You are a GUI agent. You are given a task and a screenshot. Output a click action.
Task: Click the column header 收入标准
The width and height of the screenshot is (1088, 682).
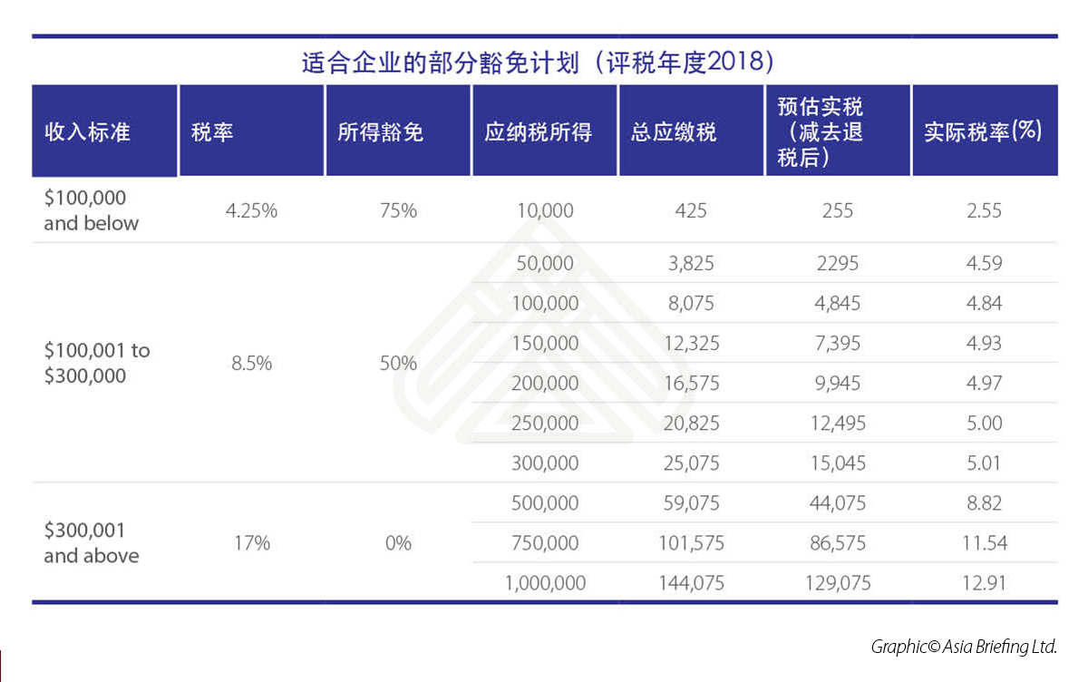coord(88,132)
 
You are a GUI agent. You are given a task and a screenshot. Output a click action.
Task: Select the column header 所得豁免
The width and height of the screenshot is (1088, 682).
coord(380,132)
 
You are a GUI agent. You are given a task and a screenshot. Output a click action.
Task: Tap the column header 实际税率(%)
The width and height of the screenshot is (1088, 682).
coord(983,132)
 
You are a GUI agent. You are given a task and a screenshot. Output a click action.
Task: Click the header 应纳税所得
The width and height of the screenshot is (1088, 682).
coord(539,132)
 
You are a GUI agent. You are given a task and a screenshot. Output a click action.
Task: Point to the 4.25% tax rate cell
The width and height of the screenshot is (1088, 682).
coord(251,211)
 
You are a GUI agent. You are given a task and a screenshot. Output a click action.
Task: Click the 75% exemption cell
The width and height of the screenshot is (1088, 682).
coord(398,211)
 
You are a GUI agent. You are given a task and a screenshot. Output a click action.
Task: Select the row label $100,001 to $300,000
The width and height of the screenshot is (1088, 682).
coord(97,363)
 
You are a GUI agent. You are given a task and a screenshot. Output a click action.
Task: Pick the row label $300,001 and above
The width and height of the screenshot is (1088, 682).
coord(92,542)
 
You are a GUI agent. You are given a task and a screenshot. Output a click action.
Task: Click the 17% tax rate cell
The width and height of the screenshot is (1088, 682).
coord(251,543)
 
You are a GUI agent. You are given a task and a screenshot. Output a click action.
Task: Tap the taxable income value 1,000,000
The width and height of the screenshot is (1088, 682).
coord(545,583)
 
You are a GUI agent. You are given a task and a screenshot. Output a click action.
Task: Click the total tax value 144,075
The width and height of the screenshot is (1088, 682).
coord(690,583)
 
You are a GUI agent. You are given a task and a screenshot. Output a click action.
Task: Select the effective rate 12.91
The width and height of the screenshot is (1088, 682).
coord(984,583)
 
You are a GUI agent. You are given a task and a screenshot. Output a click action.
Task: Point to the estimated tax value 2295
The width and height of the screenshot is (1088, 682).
coord(837,264)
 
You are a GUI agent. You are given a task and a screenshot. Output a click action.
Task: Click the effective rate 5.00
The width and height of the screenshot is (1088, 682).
coord(984,424)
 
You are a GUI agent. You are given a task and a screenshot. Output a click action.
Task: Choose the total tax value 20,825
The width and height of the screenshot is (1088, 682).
coord(690,424)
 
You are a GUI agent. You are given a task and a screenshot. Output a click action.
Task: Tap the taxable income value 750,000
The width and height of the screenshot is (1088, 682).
coord(545,543)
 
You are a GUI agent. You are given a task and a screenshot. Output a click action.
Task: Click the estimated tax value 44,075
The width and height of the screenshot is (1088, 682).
coord(836,503)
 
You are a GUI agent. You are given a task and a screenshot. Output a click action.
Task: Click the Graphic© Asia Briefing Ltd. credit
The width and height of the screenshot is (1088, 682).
coord(964,647)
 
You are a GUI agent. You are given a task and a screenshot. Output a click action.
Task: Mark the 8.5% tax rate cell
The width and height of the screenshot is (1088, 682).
coord(251,364)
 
